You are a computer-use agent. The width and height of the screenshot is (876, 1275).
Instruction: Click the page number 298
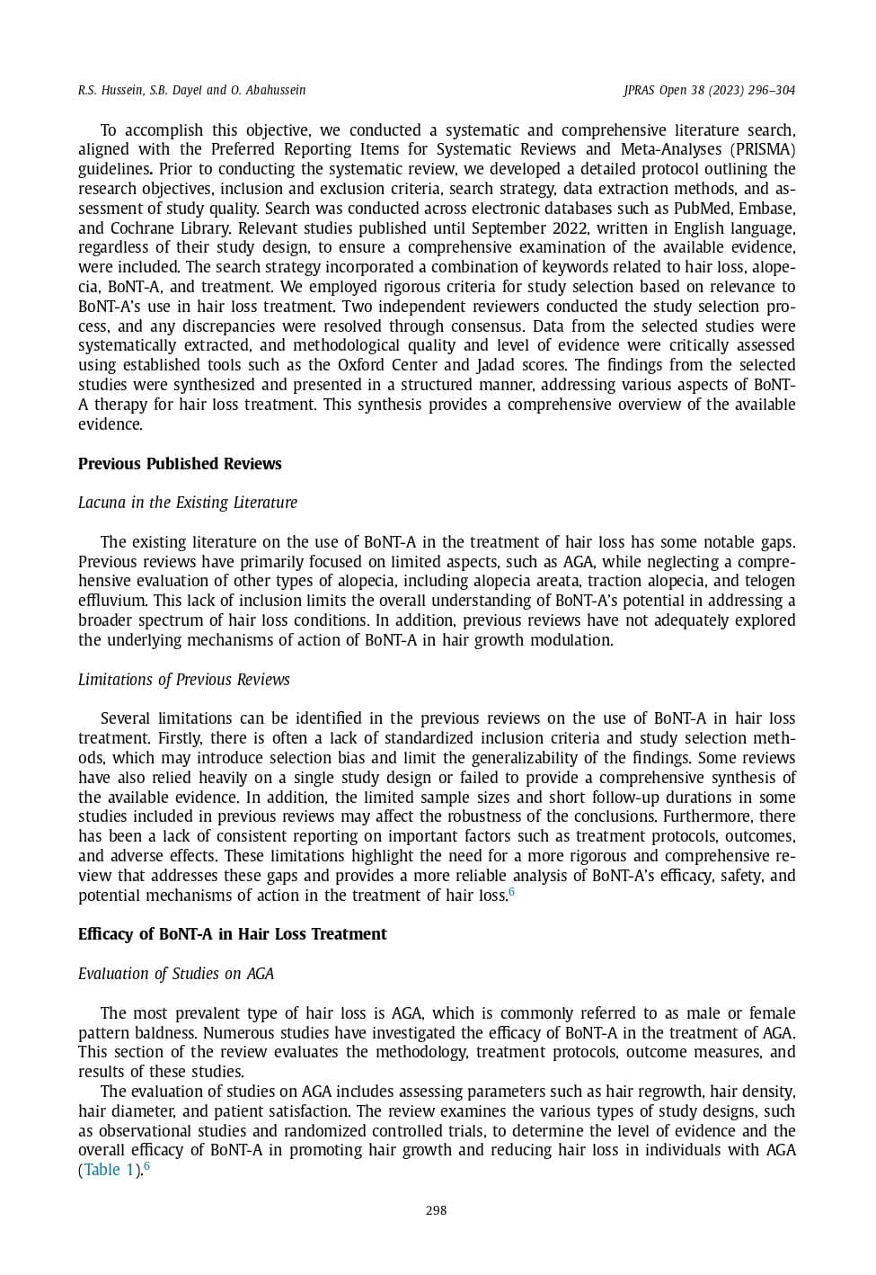pos(436,1210)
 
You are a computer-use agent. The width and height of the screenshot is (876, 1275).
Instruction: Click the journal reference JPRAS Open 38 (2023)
pos(683,90)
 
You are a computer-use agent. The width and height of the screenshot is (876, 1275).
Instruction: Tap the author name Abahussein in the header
pos(276,90)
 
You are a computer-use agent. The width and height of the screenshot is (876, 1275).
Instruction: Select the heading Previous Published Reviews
pos(180,464)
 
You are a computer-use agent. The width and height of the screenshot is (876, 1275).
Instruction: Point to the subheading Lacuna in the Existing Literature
pos(187,503)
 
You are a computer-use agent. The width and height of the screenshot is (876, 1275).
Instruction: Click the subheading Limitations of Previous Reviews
pos(183,680)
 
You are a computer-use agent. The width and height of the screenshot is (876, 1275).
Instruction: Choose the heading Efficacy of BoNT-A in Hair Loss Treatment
pos(232,934)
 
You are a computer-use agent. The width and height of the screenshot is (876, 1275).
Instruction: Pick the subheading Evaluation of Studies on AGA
pos(175,974)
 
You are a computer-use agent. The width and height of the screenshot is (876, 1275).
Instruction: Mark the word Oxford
pos(360,365)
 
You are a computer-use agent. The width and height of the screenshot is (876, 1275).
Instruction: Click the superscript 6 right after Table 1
pos(146,1166)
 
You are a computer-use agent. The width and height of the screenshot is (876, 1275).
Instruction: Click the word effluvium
pos(111,601)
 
